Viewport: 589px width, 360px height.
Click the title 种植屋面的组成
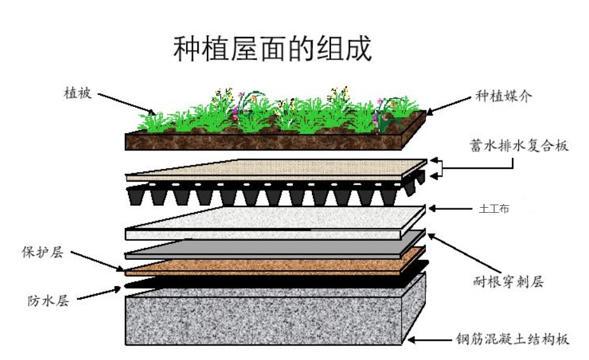[272, 49]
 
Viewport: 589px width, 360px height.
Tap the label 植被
[78, 93]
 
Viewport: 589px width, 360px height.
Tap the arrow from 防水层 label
[96, 293]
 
